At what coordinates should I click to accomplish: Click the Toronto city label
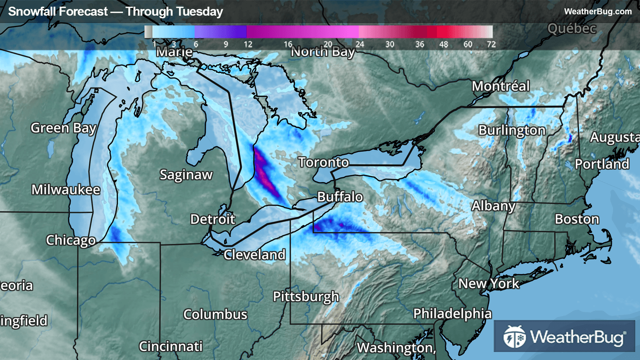(323, 163)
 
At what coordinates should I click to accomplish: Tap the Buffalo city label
(340, 197)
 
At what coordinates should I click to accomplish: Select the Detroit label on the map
(212, 219)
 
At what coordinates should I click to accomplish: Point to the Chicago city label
(71, 240)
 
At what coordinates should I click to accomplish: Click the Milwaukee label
(66, 190)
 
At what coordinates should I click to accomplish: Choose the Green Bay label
(64, 128)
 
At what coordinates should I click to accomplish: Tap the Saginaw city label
(186, 175)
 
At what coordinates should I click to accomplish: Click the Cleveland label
(255, 255)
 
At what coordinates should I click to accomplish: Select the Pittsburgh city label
(306, 296)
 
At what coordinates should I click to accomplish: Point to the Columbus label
(215, 315)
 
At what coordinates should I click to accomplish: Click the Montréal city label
(500, 86)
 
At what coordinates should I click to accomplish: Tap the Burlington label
(512, 131)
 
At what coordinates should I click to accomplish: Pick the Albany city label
(493, 206)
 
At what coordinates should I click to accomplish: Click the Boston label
(577, 219)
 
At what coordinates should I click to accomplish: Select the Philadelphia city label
(452, 314)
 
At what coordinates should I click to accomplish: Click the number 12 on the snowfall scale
(248, 44)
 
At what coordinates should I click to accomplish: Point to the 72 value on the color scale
(491, 44)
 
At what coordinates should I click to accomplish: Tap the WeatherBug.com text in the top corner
(598, 12)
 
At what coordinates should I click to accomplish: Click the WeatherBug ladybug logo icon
(514, 337)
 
